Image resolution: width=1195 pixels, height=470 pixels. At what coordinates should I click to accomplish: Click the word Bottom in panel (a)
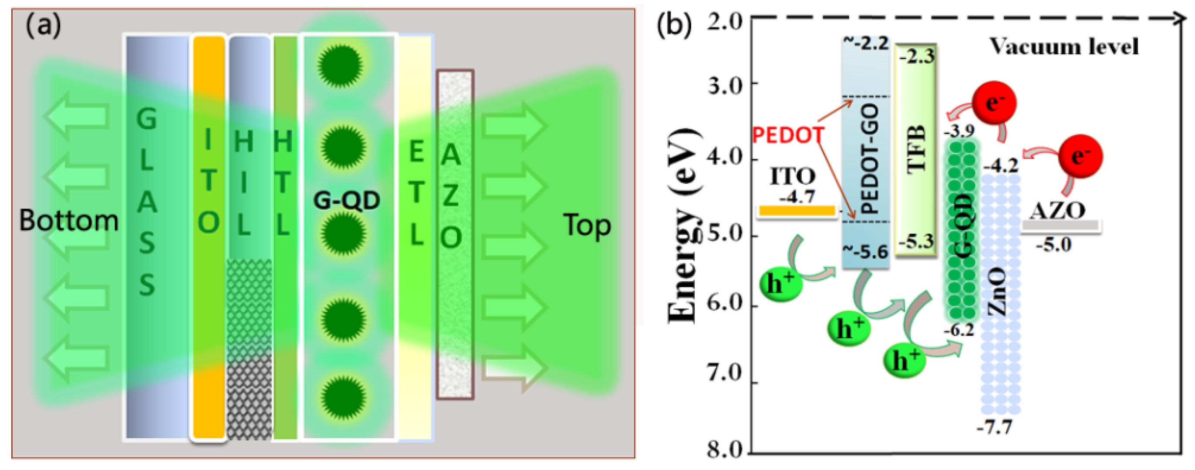click(69, 221)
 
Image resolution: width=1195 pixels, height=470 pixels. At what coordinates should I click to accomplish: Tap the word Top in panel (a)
click(587, 225)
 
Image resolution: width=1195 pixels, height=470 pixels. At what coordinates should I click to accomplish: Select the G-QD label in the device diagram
click(347, 201)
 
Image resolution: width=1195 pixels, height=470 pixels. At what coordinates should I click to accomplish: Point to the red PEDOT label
click(787, 135)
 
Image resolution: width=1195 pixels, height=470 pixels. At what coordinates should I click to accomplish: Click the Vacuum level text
click(1064, 47)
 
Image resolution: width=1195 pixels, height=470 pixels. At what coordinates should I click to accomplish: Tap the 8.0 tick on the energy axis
click(724, 450)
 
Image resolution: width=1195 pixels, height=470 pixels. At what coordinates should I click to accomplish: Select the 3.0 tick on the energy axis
click(724, 85)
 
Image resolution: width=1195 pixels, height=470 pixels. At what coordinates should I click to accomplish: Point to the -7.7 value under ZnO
click(994, 427)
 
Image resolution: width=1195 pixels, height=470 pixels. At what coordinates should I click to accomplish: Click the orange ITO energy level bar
click(797, 211)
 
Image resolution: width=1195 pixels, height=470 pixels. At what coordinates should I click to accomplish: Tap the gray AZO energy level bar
click(1060, 225)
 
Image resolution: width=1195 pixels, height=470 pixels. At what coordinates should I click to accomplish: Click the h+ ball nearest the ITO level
click(781, 284)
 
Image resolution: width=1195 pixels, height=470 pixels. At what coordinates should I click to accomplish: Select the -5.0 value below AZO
click(1053, 245)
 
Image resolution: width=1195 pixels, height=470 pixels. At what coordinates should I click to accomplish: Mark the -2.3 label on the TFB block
click(917, 57)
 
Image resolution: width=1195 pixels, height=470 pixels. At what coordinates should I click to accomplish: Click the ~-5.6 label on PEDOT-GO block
click(865, 252)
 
